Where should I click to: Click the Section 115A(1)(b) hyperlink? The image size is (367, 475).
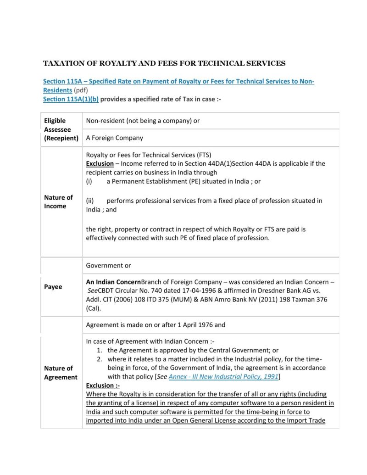coord(71,99)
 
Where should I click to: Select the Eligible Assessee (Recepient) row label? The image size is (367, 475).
coord(61,129)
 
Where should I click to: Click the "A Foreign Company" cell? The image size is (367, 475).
coord(114,138)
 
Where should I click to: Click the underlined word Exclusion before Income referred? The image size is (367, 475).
coord(100,163)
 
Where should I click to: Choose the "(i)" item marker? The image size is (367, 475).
coord(89,181)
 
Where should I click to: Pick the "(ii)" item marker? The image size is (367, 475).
coord(90,201)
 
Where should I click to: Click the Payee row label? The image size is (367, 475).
coord(53,287)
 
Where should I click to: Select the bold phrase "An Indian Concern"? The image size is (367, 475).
coord(113,282)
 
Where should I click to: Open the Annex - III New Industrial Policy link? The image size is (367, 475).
coord(224,376)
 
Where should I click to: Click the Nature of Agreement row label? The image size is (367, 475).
coord(61,373)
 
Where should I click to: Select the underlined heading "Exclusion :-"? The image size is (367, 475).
coord(103,386)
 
